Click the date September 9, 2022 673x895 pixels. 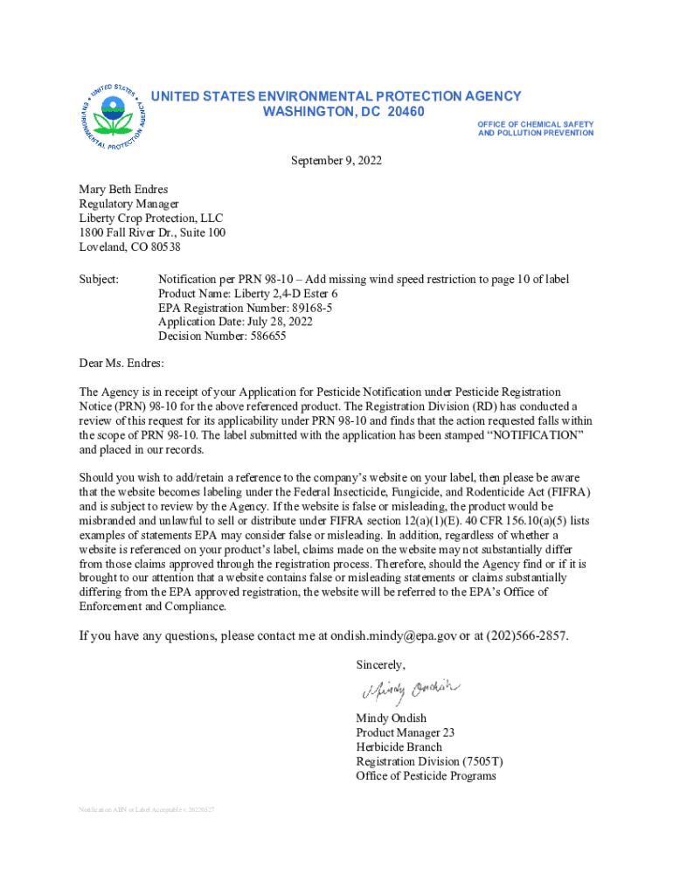click(x=336, y=161)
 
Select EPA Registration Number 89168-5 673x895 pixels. click(x=245, y=308)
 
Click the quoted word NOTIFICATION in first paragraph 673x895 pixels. click(x=534, y=435)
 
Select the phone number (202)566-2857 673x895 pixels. click(x=522, y=635)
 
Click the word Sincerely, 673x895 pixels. click(x=380, y=664)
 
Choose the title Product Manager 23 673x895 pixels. click(x=405, y=732)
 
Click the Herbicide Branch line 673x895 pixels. click(x=399, y=747)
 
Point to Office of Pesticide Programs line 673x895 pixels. click(x=426, y=775)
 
